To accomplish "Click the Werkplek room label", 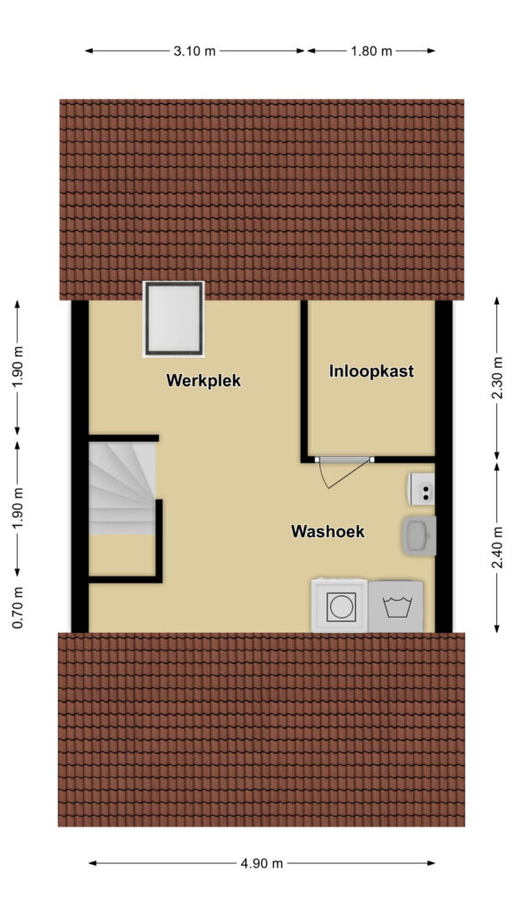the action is pos(203,380).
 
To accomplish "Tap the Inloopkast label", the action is pos(371,370).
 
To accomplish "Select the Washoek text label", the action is pos(327,531).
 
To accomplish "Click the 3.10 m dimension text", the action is pos(194,51).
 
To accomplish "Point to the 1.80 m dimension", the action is pos(371,51).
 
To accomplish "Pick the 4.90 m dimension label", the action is pos(261,863).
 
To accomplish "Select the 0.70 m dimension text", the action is pos(18,607).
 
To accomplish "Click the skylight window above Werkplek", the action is pos(174,319).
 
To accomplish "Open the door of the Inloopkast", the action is pos(345,471).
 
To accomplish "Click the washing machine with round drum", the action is pos(339,605).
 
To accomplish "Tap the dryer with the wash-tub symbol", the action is pos(395,606).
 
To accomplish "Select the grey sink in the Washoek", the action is pos(419,536).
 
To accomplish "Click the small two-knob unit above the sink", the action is pos(421,488).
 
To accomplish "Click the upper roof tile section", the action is pos(261,199).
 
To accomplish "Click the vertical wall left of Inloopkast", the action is pos(304,381).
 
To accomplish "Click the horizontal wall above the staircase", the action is pos(123,437).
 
